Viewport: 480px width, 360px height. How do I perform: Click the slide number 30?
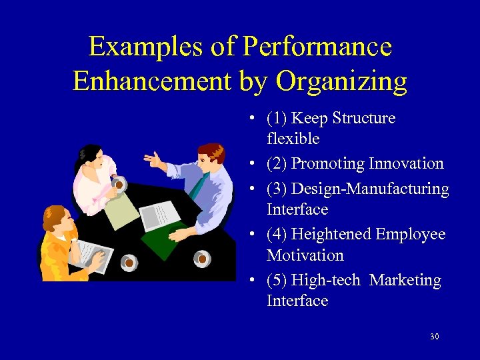434,337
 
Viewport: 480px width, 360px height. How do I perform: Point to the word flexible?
293,139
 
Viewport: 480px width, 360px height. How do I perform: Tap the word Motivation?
305,255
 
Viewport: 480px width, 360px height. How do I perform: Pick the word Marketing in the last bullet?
405,281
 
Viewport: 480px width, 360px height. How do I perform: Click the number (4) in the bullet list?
277,235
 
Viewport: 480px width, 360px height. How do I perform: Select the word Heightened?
331,235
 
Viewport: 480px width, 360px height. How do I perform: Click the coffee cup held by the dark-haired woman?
119,183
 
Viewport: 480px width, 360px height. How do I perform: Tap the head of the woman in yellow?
56,220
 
